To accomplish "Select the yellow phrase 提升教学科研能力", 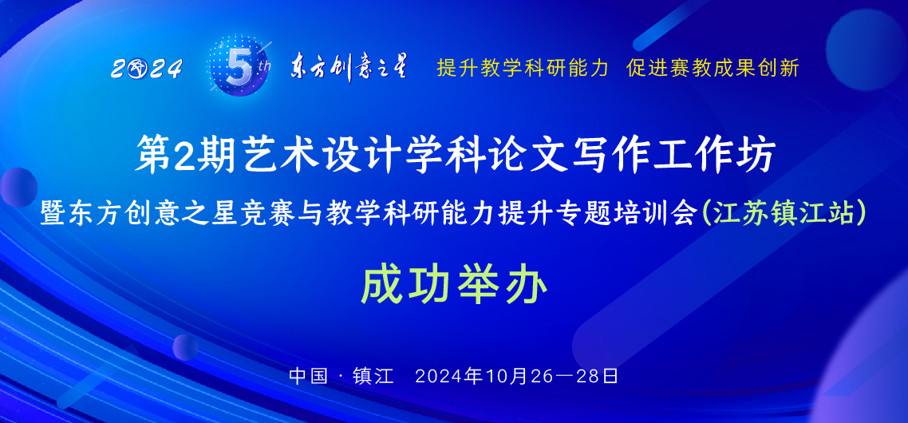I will (x=523, y=68).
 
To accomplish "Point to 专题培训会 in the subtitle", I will (x=634, y=213).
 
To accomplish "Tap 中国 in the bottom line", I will (x=308, y=375).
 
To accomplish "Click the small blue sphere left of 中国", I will (x=185, y=347).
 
